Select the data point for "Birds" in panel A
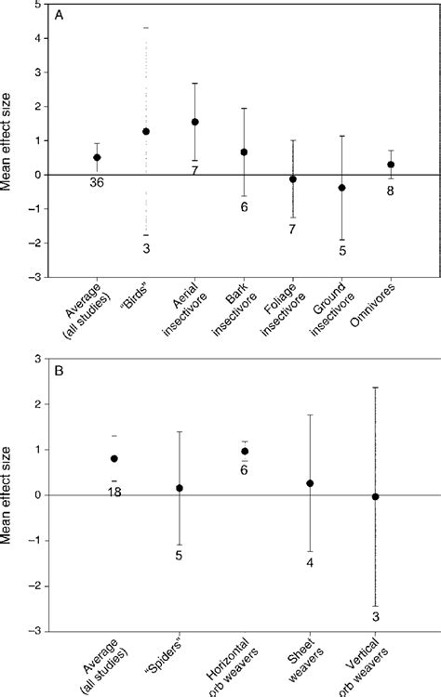coord(146,132)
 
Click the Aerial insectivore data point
coord(194,122)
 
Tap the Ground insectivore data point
coord(341,188)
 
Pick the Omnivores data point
coord(390,164)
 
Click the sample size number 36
coord(97,184)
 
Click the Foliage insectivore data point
coord(292,178)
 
